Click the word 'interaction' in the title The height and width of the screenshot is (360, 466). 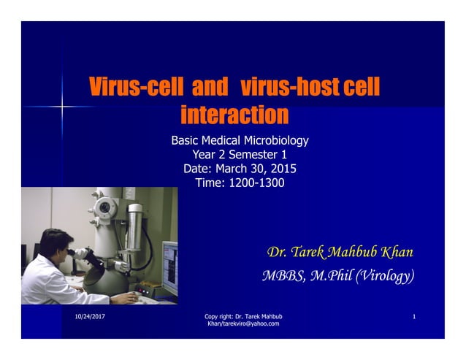234,115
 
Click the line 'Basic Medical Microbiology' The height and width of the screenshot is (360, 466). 240,140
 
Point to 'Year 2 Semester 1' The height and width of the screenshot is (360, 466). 240,155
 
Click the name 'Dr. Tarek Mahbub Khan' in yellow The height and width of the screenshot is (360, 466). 340,253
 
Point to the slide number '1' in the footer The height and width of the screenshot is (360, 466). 413,316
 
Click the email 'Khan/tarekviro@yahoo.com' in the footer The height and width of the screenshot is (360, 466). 243,323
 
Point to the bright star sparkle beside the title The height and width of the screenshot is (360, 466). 63,107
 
